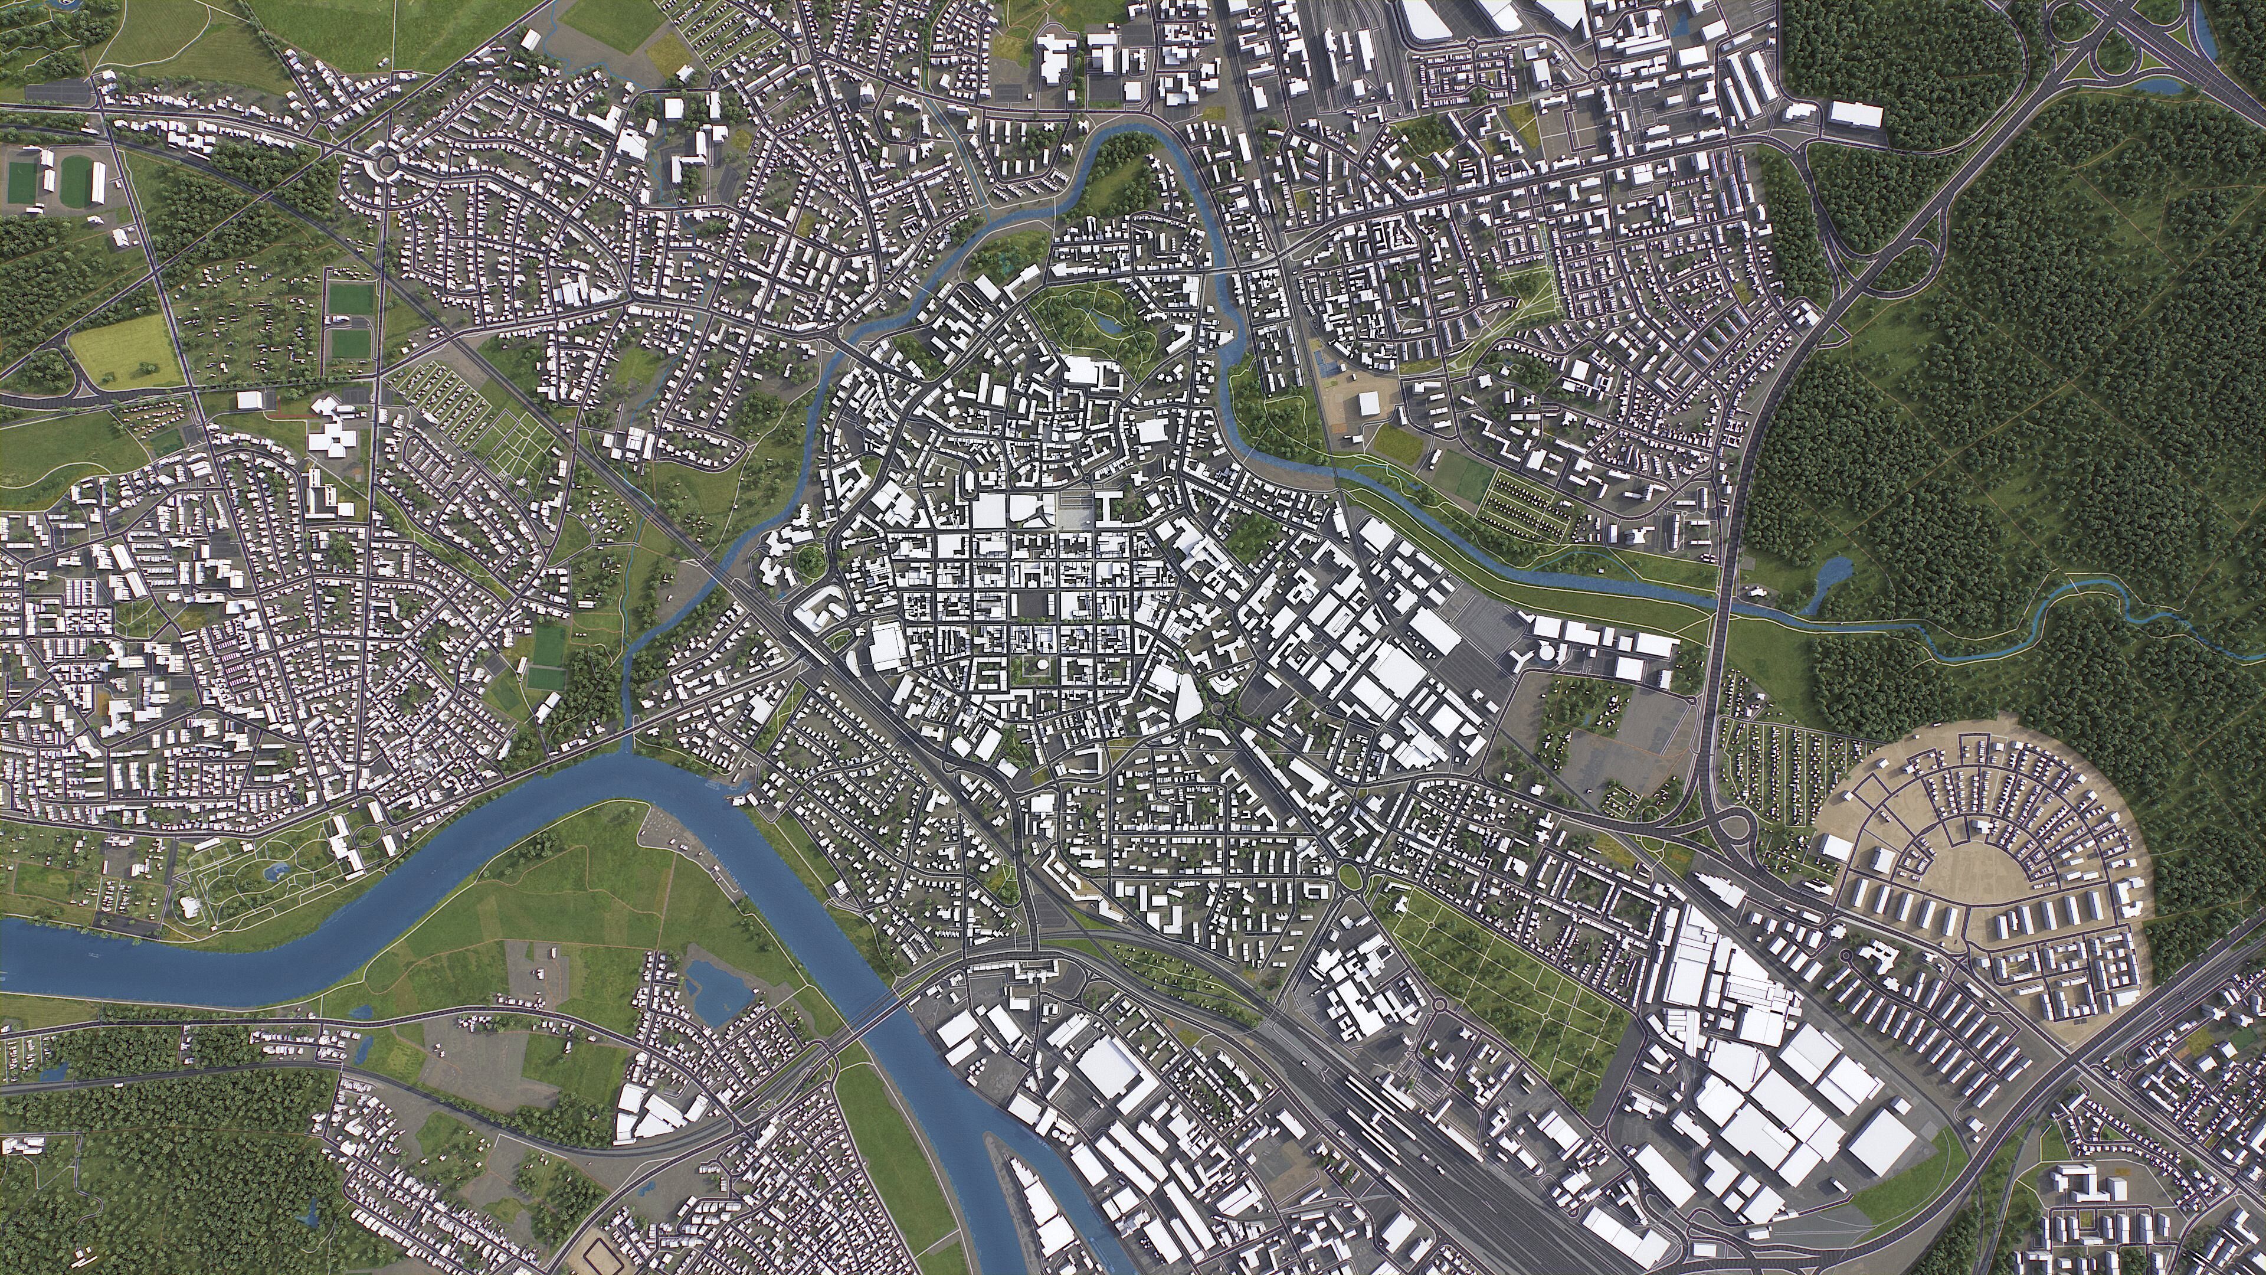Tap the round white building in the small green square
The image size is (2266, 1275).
tap(1034, 667)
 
